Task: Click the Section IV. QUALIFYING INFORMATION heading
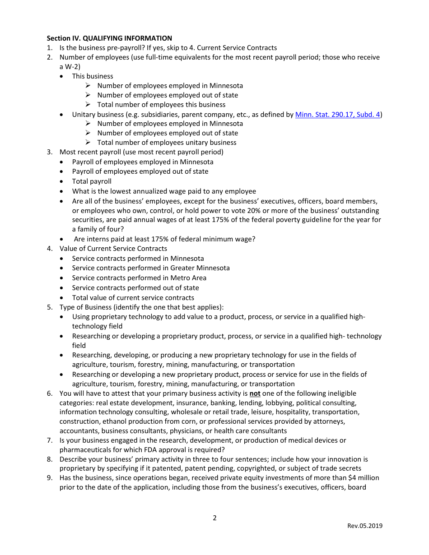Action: pos(109,38)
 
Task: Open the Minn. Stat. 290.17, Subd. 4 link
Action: pos(337,115)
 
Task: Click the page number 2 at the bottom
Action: pos(214,518)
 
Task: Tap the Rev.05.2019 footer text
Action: pos(364,526)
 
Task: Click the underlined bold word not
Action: pos(255,393)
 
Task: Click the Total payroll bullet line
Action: pos(92,181)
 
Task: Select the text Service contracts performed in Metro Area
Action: pos(139,278)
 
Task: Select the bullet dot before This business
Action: pos(62,77)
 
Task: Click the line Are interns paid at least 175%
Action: pos(164,239)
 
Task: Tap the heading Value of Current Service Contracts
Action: pos(113,249)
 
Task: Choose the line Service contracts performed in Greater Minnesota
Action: pos(151,268)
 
